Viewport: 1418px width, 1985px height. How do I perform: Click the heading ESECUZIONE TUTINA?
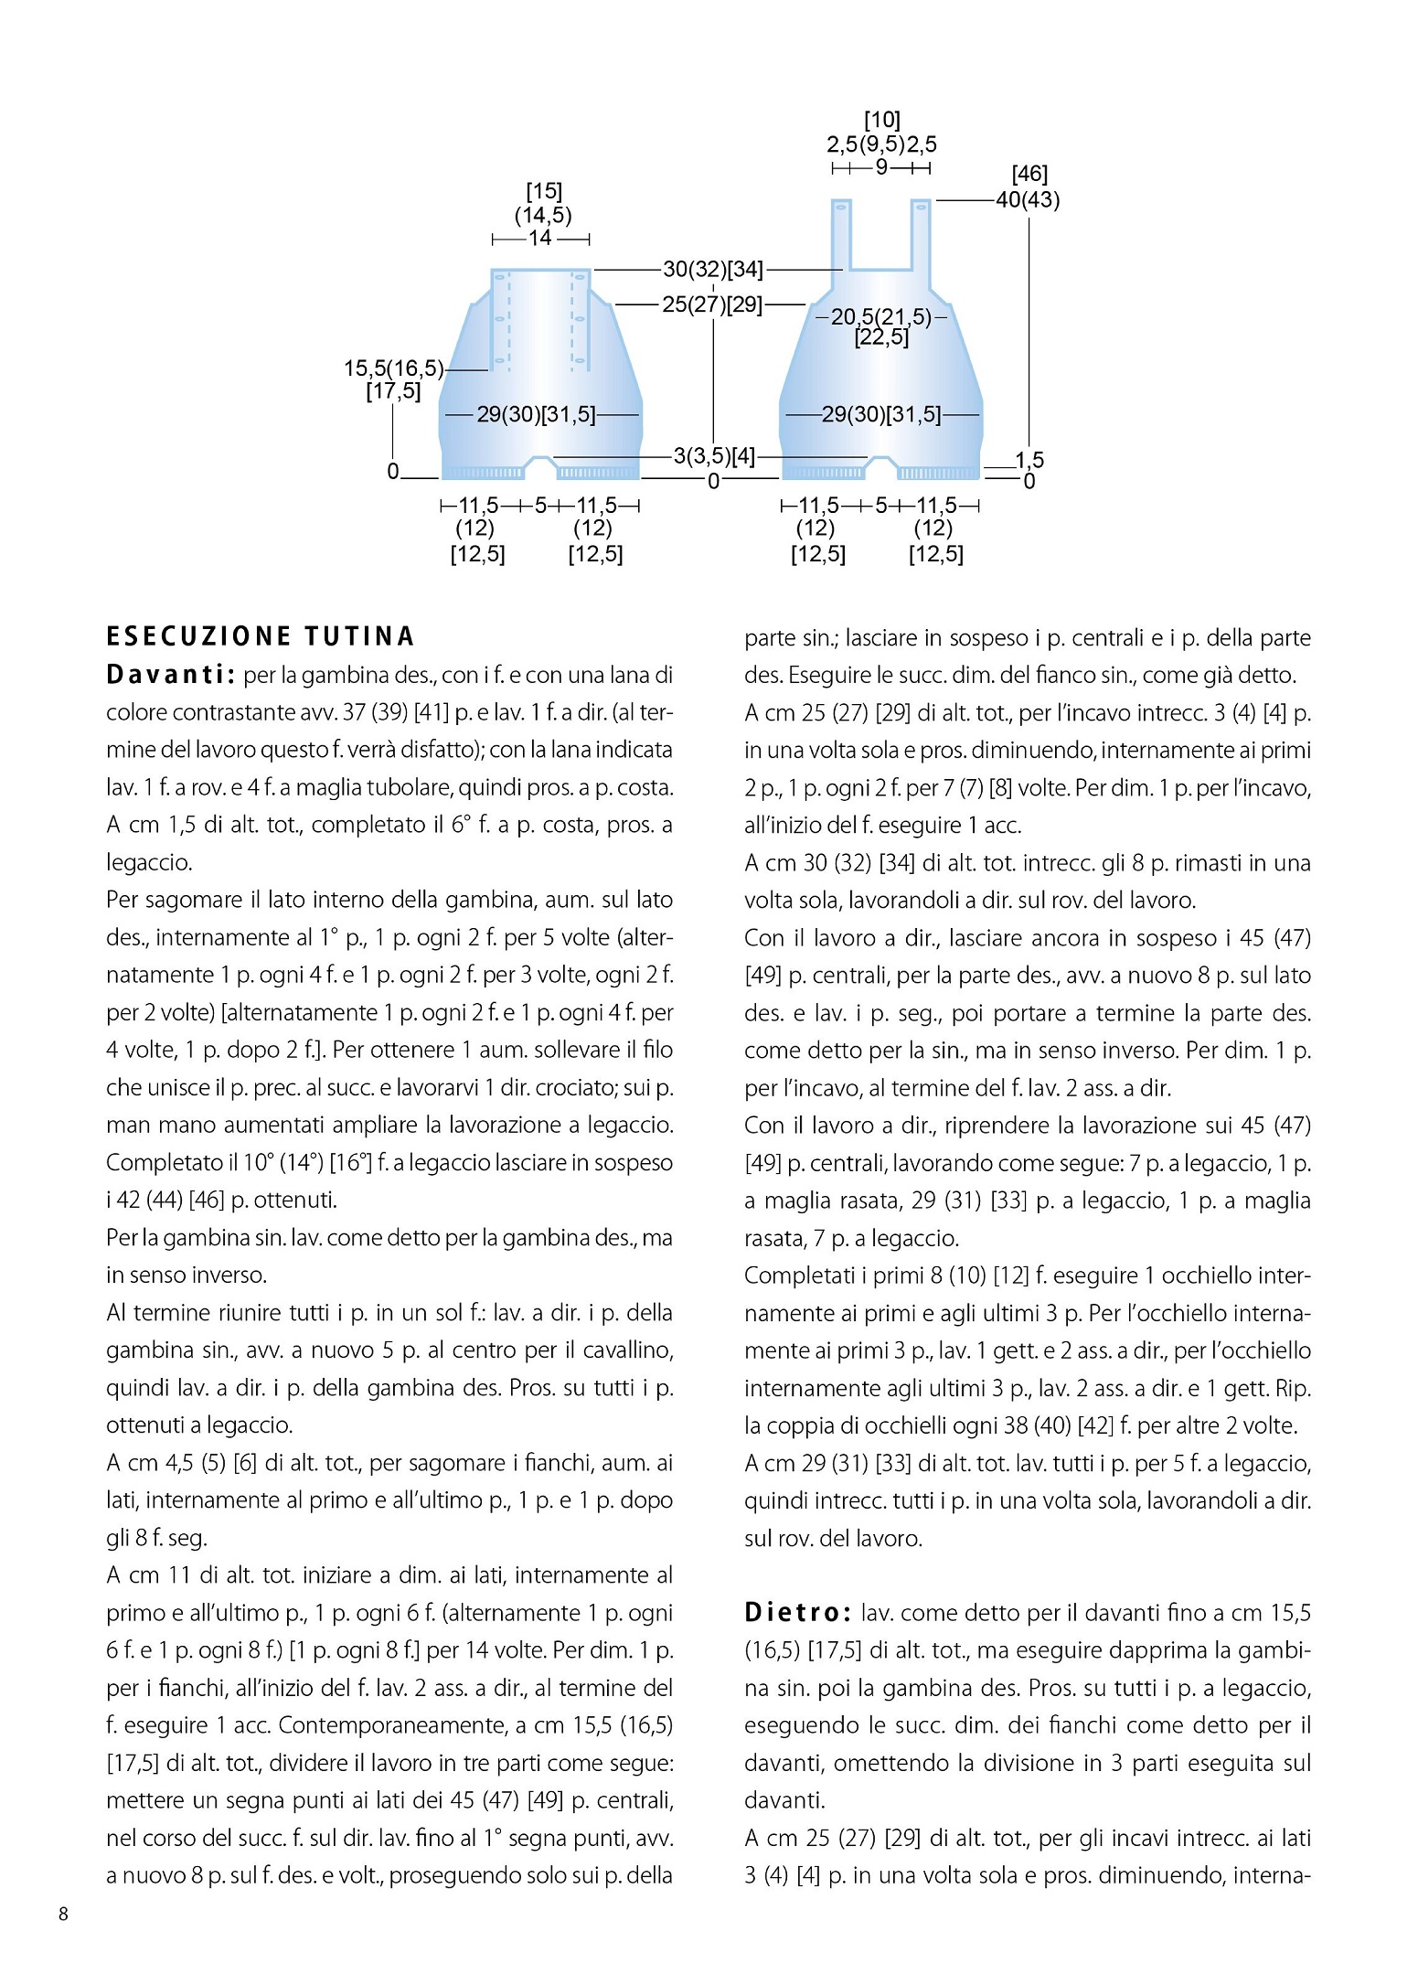click(x=261, y=636)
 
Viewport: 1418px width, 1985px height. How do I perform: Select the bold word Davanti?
click(x=171, y=675)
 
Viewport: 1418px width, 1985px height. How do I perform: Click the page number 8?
click(x=63, y=1914)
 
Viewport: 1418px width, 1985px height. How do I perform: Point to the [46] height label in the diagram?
click(x=1029, y=174)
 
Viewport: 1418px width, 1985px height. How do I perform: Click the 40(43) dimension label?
click(x=1028, y=199)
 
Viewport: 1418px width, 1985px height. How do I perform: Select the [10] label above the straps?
click(x=882, y=120)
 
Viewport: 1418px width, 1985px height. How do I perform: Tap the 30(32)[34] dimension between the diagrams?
click(x=713, y=269)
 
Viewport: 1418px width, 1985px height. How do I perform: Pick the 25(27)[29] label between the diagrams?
click(x=712, y=304)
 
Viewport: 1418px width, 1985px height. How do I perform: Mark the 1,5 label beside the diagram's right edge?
click(x=1029, y=460)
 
